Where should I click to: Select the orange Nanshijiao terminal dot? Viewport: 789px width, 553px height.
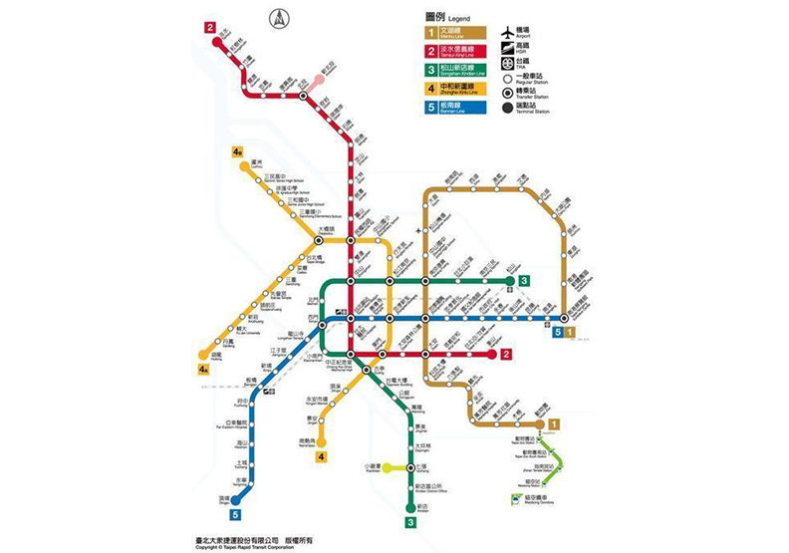321,439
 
